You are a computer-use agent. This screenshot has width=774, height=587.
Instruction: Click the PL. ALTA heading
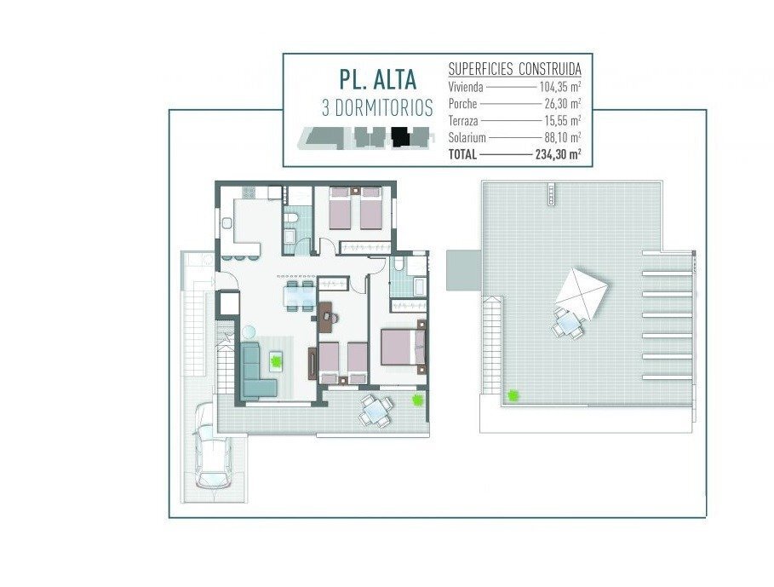[377, 79]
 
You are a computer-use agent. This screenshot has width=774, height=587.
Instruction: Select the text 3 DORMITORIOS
[377, 108]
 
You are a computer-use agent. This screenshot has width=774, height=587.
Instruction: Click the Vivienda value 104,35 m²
[559, 88]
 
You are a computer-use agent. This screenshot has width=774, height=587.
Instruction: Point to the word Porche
[462, 104]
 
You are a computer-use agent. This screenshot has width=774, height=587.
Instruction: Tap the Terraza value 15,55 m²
[562, 120]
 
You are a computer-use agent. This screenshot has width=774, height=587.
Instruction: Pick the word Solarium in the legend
[467, 138]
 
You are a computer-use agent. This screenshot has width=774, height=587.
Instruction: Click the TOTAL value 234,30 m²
[558, 154]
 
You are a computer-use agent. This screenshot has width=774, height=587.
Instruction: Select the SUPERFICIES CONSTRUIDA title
[514, 69]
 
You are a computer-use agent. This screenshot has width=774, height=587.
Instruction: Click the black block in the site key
[400, 137]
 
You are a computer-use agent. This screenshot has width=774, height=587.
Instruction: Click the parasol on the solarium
[582, 294]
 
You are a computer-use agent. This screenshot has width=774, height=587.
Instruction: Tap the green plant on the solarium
[513, 395]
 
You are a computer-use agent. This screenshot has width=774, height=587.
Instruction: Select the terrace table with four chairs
[376, 411]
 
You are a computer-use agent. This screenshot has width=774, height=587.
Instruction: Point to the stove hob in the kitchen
[249, 192]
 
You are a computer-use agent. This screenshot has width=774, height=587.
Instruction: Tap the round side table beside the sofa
[249, 331]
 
